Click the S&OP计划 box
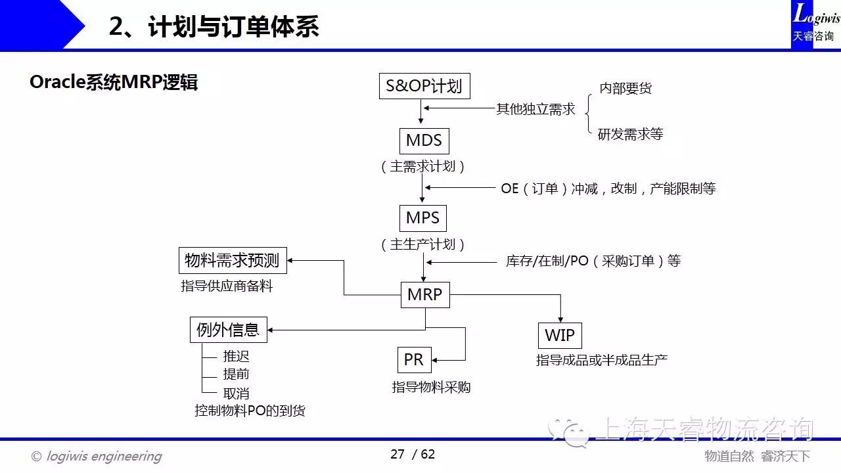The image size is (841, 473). click(424, 86)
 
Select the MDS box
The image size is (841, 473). click(424, 141)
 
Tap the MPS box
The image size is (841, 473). click(422, 218)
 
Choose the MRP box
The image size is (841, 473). click(424, 294)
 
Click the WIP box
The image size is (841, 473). click(560, 335)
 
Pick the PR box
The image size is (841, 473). click(414, 360)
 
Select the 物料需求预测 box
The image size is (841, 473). click(232, 261)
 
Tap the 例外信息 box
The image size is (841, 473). click(228, 329)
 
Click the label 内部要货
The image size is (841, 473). click(625, 89)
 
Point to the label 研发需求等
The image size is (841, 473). click(630, 135)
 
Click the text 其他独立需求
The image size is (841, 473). click(535, 109)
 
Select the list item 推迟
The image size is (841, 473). click(236, 357)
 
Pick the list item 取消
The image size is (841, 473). click(236, 394)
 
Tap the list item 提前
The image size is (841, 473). click(236, 374)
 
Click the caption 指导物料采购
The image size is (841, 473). click(431, 387)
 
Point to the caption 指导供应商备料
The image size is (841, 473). click(227, 286)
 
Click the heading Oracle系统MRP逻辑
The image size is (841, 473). click(114, 83)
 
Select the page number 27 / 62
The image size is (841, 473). click(413, 455)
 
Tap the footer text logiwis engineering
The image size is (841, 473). click(104, 456)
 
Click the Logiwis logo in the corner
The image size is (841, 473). click(815, 24)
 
